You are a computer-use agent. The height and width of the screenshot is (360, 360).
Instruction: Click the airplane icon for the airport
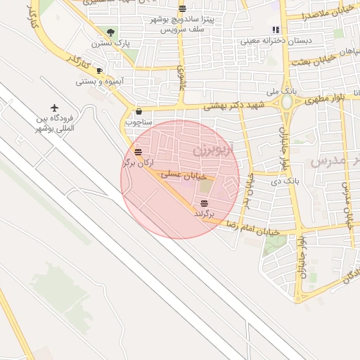54,108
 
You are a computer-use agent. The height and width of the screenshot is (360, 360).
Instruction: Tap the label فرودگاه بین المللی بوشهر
56,124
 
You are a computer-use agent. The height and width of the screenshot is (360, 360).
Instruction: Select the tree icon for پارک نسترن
110,32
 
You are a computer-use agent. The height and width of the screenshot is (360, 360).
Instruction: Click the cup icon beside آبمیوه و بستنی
99,71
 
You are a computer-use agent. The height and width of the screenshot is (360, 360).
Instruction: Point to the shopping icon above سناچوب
139,111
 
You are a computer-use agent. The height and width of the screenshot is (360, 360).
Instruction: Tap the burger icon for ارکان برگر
139,152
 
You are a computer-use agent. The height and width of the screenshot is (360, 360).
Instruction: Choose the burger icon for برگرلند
204,202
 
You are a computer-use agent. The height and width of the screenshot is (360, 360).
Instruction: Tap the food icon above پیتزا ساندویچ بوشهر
183,9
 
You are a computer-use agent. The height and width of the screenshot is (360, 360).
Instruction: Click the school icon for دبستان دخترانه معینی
276,30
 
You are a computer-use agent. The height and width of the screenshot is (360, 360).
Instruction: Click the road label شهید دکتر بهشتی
232,105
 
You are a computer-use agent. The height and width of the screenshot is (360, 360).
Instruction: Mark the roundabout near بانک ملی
287,103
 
